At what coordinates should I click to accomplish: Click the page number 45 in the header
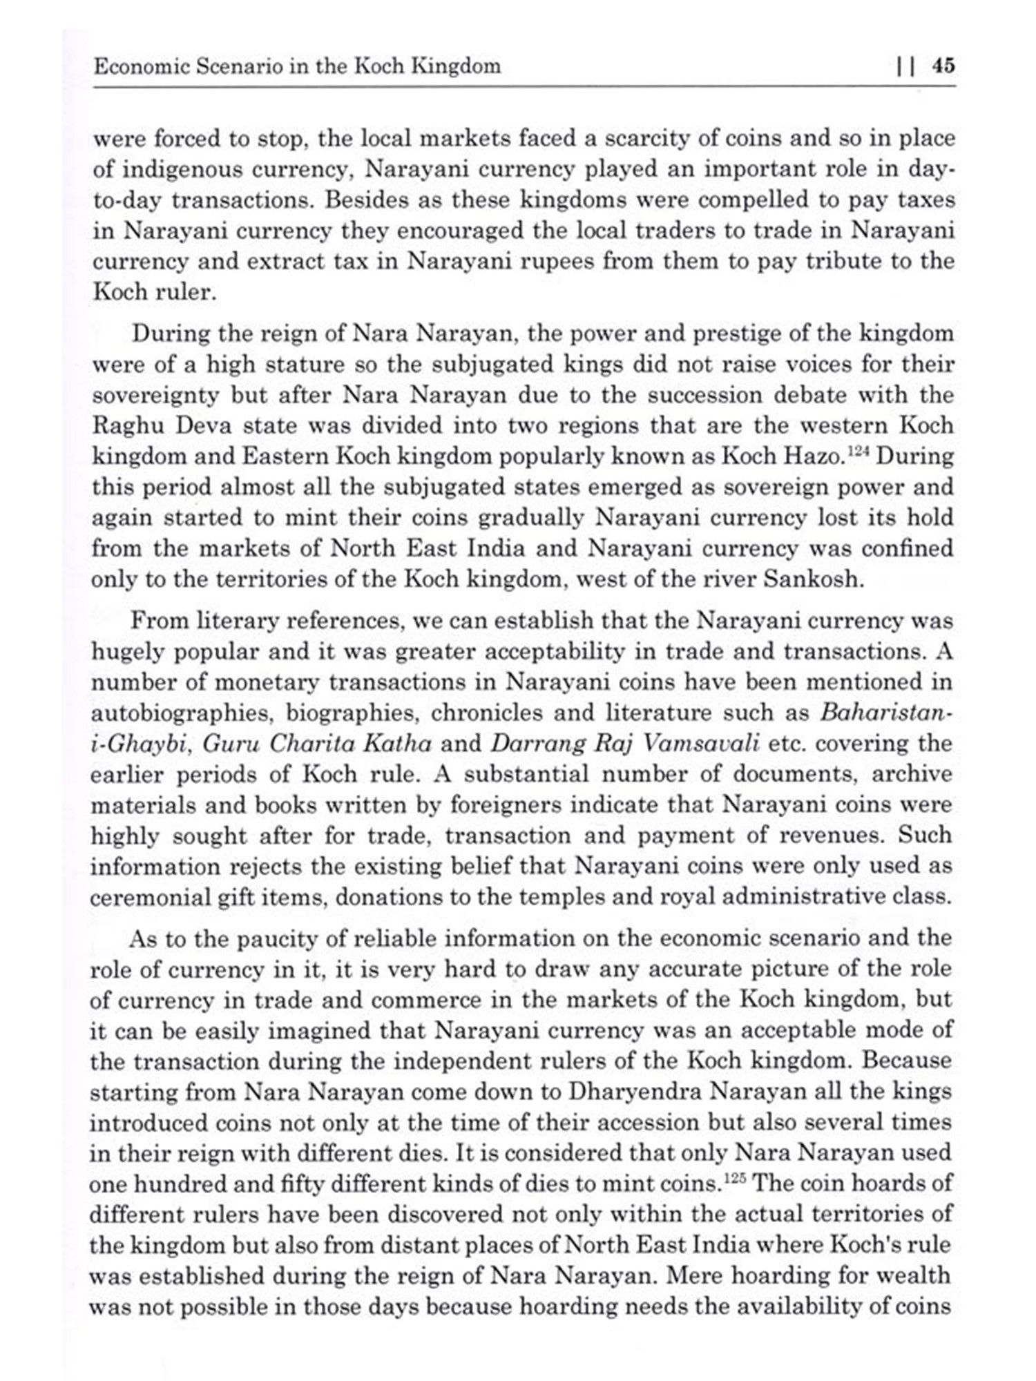pyautogui.click(x=943, y=66)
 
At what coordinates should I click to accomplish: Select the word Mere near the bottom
pyautogui.click(x=691, y=1275)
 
